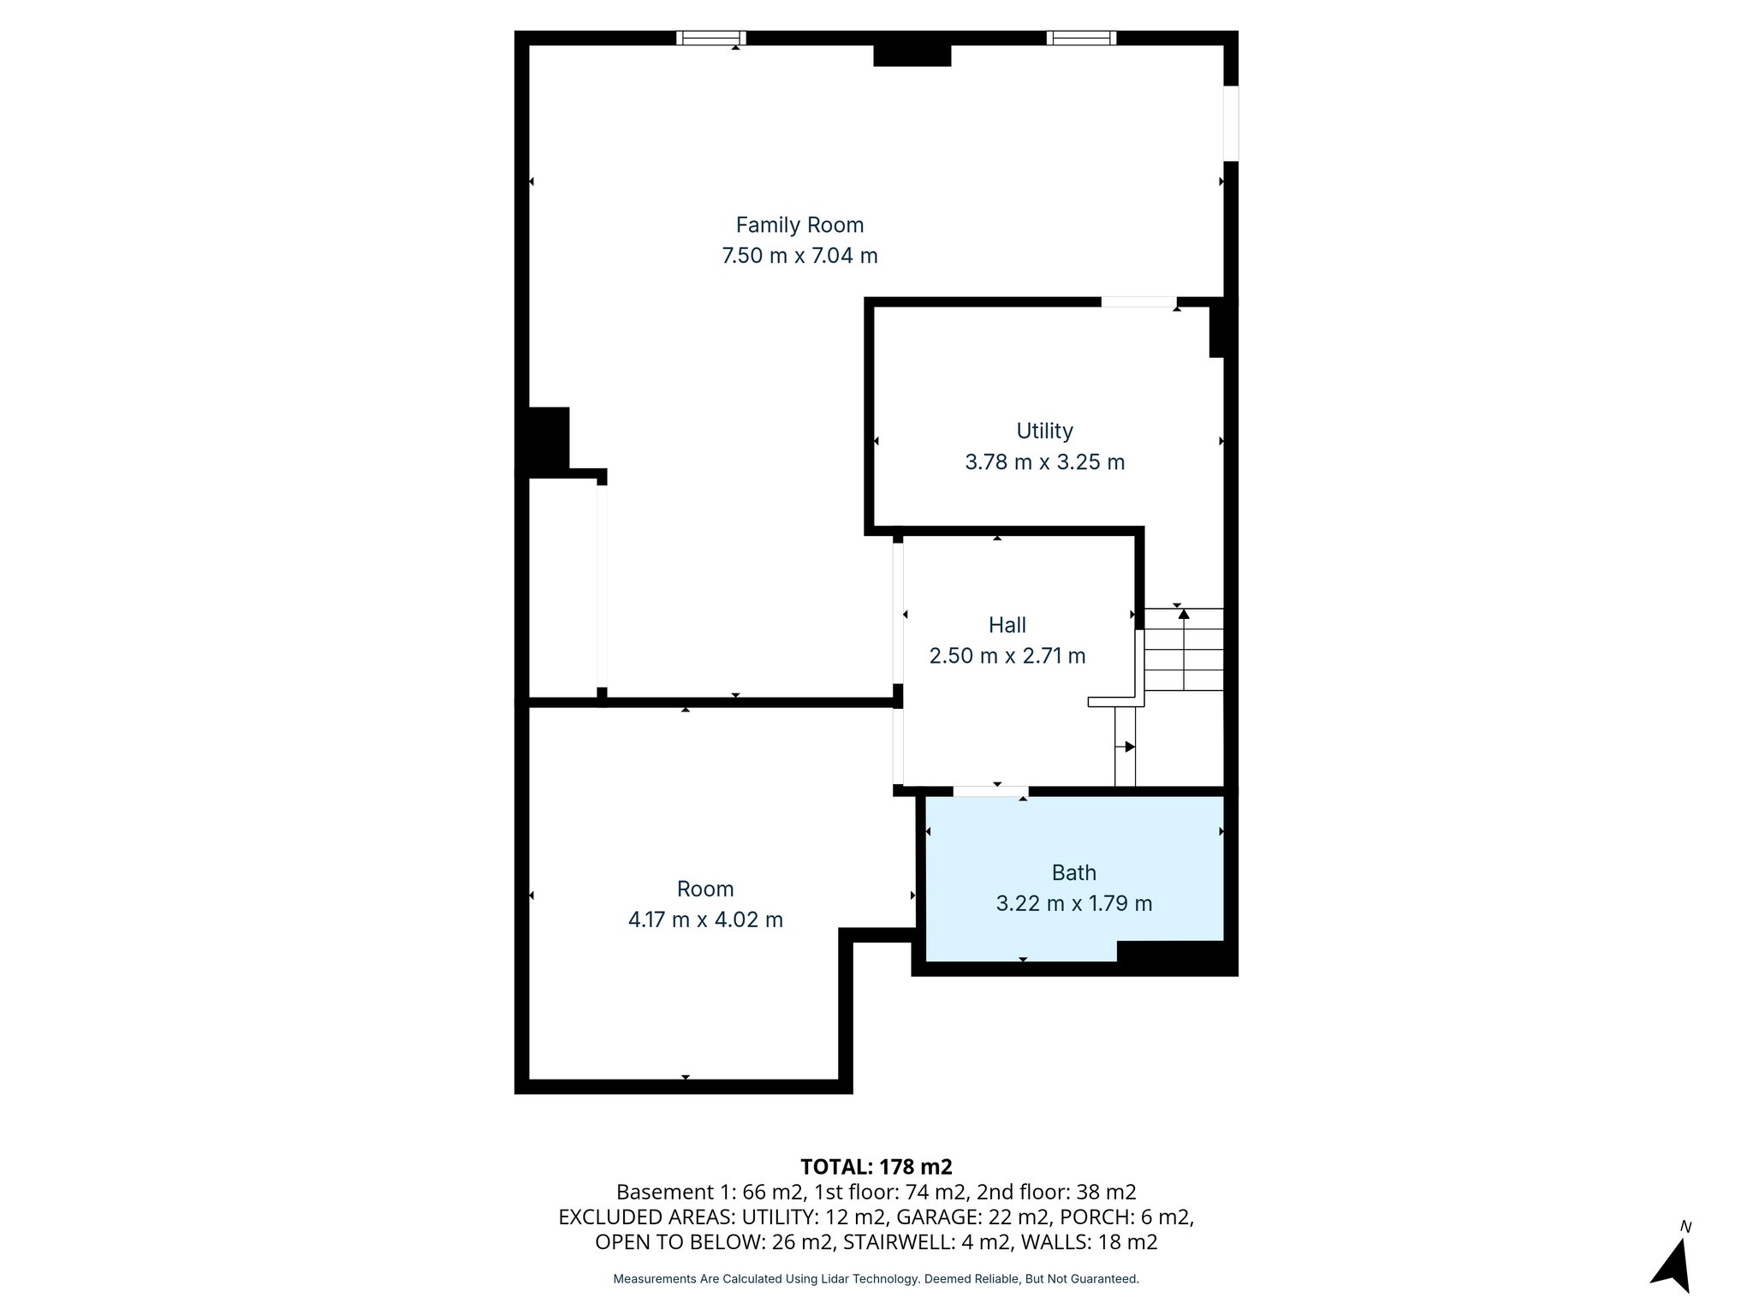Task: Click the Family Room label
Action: coord(799,225)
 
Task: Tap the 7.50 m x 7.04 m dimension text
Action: coord(799,256)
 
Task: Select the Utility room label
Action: coord(1044,431)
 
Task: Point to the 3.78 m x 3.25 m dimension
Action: coord(1044,462)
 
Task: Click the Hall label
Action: coord(1007,625)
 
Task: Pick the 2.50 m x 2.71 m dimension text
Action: coord(1007,656)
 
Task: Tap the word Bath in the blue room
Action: coord(1073,872)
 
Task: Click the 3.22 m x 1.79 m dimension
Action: coord(1073,903)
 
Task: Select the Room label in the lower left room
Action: coord(705,889)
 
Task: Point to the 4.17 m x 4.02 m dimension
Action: coord(705,920)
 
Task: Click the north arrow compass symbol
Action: coord(1673,1263)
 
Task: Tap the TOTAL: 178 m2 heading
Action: coord(876,1167)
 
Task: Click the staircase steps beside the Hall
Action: coord(1184,650)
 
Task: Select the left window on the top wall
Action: coord(710,38)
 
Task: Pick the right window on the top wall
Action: coord(1082,38)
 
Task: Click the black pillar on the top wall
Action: coord(912,55)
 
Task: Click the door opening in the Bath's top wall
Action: coord(990,791)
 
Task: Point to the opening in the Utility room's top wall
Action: coord(1138,301)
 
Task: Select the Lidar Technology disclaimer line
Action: coord(876,1279)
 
